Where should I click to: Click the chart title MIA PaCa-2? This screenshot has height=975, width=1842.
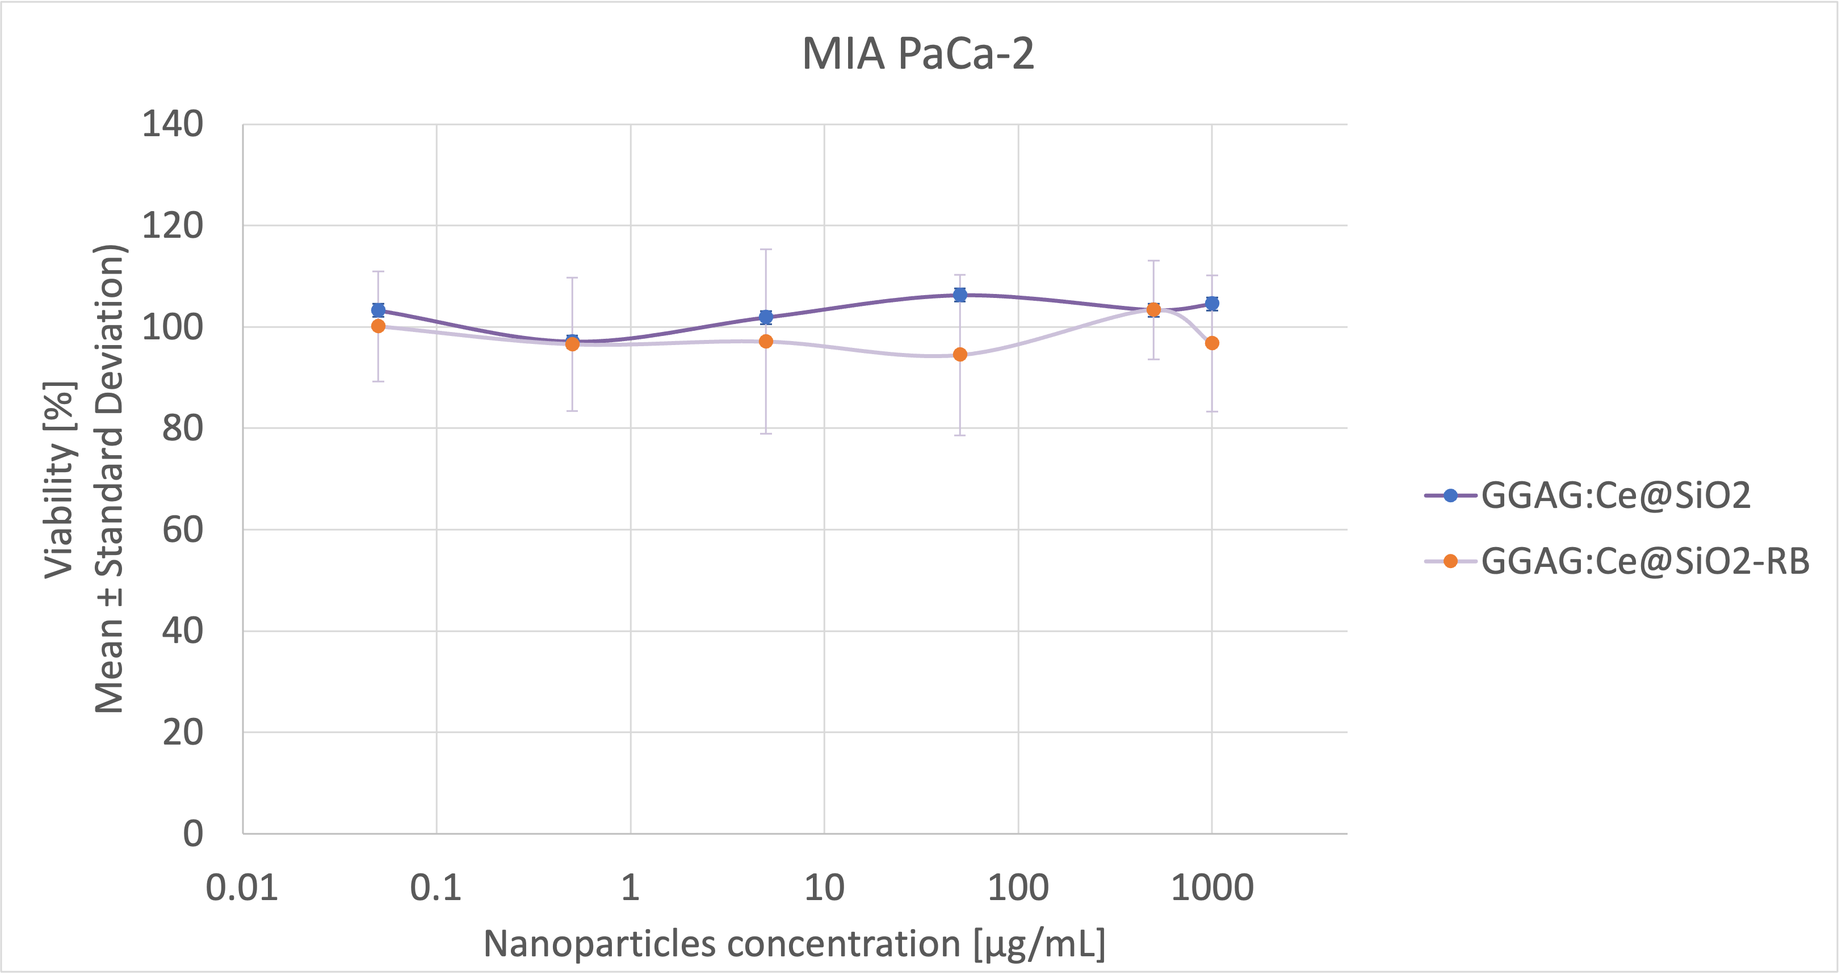pos(918,53)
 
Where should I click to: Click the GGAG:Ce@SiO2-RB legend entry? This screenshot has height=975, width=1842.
pos(1644,561)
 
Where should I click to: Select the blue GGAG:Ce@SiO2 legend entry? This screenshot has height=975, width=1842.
pos(1616,495)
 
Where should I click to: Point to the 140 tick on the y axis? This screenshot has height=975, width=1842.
pos(173,124)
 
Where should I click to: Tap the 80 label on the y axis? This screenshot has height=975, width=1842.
pos(182,428)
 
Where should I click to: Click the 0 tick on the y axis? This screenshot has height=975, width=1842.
pos(193,834)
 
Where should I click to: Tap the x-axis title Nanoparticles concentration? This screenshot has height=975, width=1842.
pos(794,944)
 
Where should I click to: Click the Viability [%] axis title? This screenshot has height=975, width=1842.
pos(60,479)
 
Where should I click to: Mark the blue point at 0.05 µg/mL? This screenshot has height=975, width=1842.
pos(378,310)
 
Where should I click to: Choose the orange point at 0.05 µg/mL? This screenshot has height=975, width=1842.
pos(378,326)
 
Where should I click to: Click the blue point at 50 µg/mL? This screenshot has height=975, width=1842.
pos(960,295)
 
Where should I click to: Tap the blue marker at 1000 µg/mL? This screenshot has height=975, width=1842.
pos(1212,304)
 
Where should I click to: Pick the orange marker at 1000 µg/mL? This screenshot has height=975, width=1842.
pos(1212,343)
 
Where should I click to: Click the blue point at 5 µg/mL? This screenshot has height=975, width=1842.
pos(766,317)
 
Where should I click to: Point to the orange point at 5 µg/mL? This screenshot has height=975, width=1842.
pos(766,342)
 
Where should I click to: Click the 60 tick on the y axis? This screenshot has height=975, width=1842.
pos(182,529)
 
